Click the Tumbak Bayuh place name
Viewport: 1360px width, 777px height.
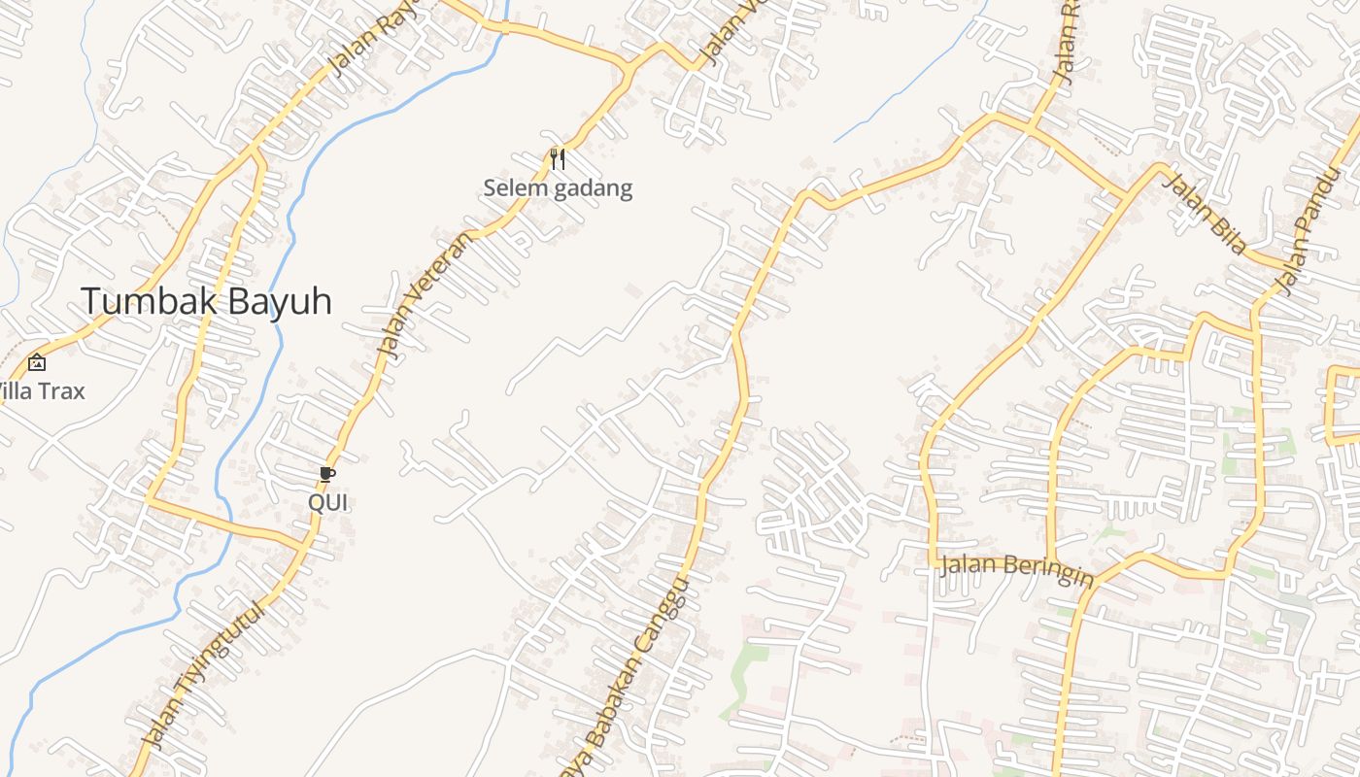(206, 301)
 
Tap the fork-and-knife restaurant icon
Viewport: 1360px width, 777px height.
(558, 158)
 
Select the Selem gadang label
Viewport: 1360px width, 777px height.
(558, 187)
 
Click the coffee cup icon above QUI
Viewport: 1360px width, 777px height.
(327, 475)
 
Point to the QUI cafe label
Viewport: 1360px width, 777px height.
(327, 503)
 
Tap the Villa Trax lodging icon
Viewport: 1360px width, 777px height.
(37, 362)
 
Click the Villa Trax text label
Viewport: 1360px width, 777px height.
(41, 391)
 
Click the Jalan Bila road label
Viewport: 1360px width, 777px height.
(1205, 214)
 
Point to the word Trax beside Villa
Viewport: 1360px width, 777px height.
(62, 391)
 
